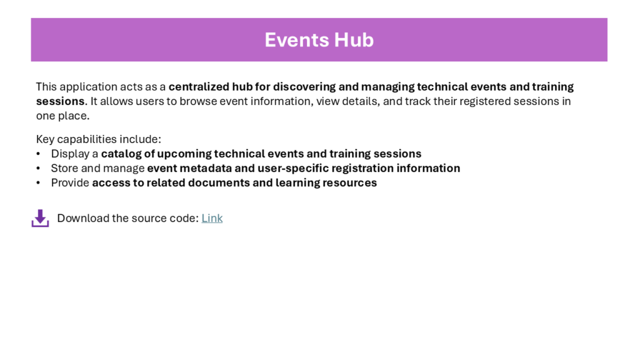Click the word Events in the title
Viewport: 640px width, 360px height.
(x=297, y=40)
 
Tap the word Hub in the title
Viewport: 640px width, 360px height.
(x=354, y=40)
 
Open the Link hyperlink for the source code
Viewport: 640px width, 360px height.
(x=212, y=218)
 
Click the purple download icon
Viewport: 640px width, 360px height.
(x=41, y=218)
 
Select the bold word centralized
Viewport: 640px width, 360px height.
(x=199, y=87)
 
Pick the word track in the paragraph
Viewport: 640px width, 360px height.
(x=417, y=101)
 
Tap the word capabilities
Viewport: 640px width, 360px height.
(x=92, y=139)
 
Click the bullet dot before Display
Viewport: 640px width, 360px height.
(x=38, y=154)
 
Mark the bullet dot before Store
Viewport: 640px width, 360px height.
(x=38, y=168)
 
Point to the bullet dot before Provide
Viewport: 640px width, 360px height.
(x=38, y=183)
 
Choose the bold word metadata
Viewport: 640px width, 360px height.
(x=206, y=168)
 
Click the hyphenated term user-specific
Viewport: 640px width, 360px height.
(x=293, y=168)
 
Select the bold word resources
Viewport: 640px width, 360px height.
(x=349, y=183)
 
